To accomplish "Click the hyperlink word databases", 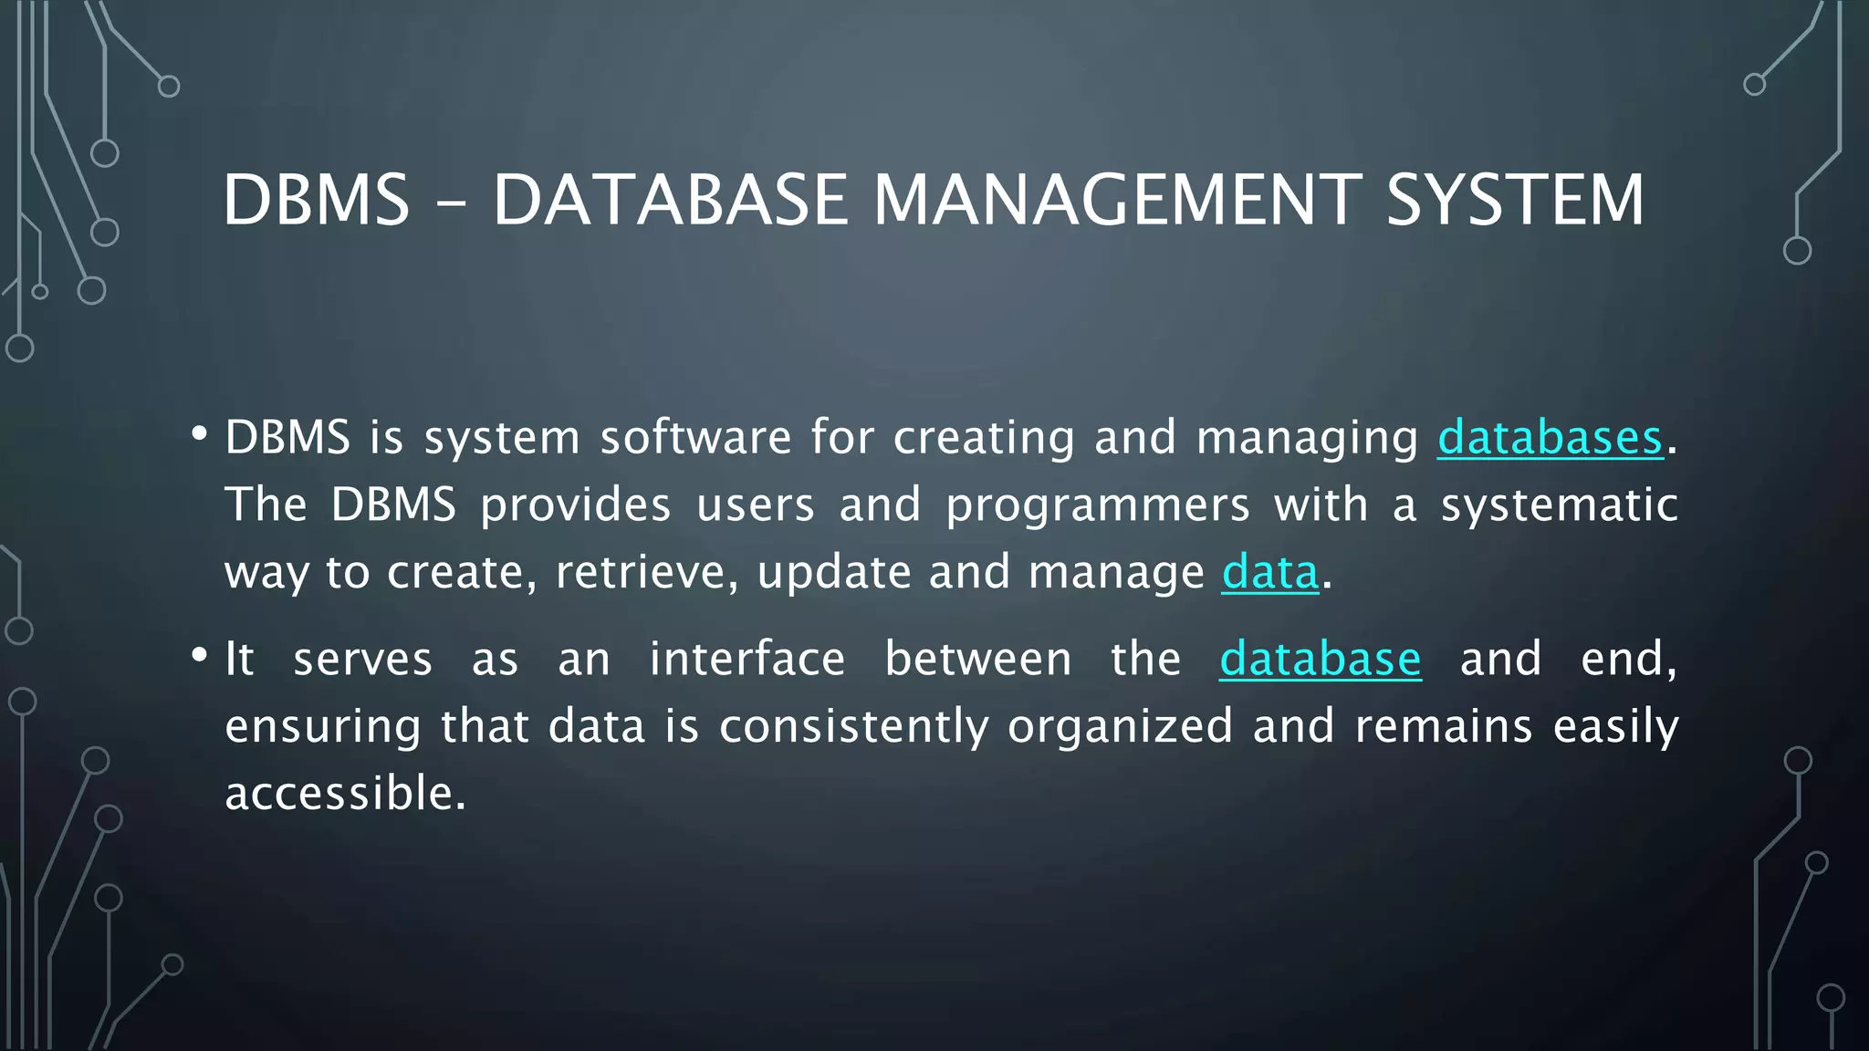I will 1550,438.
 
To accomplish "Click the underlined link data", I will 1270,573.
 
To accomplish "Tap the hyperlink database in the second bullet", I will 1320,659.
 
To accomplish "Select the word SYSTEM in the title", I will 1515,200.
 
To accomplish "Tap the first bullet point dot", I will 199,434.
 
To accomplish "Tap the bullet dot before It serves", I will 199,656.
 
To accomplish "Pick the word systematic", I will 1559,505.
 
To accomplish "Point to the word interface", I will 747,659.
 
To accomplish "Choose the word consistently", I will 853,728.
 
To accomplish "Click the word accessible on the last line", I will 345,793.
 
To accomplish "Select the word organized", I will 1120,728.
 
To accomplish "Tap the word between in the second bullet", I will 977,659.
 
